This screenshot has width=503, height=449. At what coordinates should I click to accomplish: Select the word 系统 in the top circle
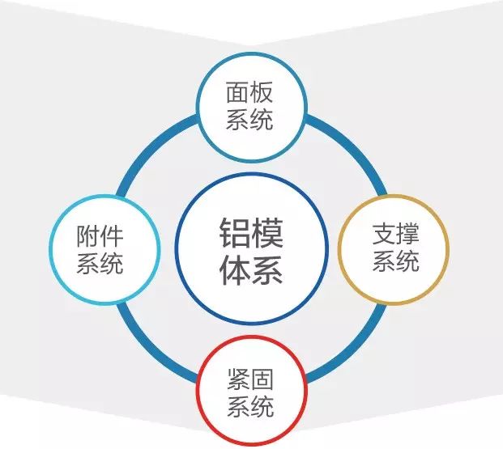coord(249,120)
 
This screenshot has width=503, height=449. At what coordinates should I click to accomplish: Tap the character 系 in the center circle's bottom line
coord(267,269)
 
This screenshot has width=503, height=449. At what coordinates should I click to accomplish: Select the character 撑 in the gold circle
coord(407,235)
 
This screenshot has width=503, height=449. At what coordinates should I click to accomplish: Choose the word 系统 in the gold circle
coord(395,261)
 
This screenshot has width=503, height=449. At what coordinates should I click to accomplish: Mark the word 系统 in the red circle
coord(249,405)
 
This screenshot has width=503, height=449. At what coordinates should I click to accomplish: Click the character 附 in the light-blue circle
coord(89,236)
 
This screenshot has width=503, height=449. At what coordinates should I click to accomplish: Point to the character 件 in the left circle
coord(113,236)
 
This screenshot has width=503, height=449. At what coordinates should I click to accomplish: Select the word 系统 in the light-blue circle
coord(100,263)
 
